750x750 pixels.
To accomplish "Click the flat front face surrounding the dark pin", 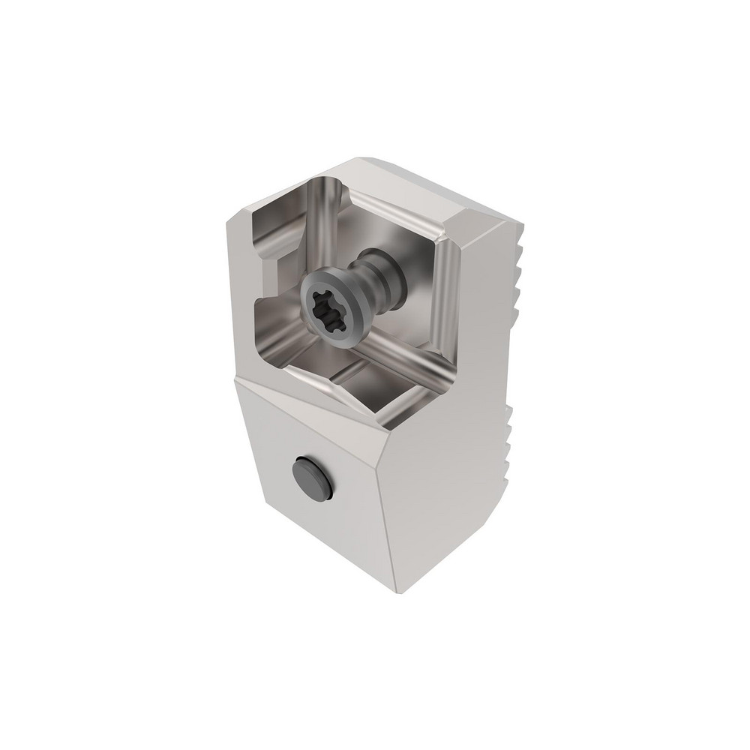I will coord(330,525).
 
